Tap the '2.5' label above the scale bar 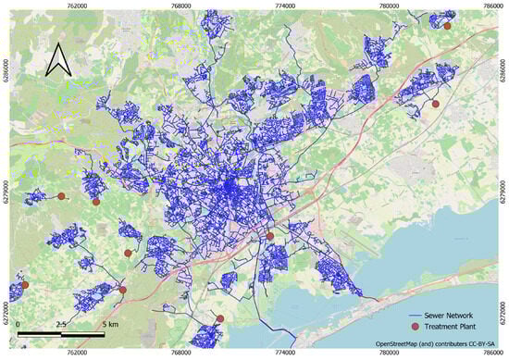coord(62,325)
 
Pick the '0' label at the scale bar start coord(19,325)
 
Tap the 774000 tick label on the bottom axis coord(289,354)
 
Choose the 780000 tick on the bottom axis coord(390,354)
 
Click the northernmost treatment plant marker coord(447,26)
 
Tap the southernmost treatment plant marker coord(220,319)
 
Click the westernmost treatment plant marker coord(25,285)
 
